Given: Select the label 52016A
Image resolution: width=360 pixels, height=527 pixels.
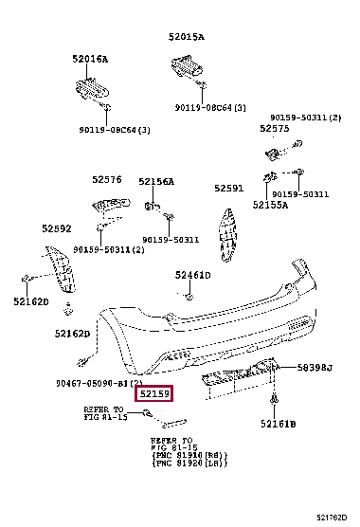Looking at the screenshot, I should click(x=90, y=59).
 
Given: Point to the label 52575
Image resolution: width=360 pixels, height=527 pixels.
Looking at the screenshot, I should click(x=275, y=128).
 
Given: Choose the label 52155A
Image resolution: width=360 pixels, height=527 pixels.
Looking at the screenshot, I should click(x=270, y=205).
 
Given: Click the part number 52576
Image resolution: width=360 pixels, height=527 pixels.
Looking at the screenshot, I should click(x=107, y=179).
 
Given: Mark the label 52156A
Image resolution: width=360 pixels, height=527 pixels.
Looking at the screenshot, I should click(x=156, y=181).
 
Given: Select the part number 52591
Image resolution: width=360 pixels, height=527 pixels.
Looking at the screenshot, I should click(x=228, y=188).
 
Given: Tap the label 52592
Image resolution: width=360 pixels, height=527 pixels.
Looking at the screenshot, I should click(x=56, y=227).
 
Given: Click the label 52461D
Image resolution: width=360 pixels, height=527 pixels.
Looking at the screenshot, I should click(x=192, y=276).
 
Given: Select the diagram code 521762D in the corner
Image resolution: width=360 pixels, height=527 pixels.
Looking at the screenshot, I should click(x=331, y=517).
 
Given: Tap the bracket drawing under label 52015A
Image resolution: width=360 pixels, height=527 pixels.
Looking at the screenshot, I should click(x=187, y=67).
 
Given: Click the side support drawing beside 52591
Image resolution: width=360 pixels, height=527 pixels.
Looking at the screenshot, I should click(x=228, y=232).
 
